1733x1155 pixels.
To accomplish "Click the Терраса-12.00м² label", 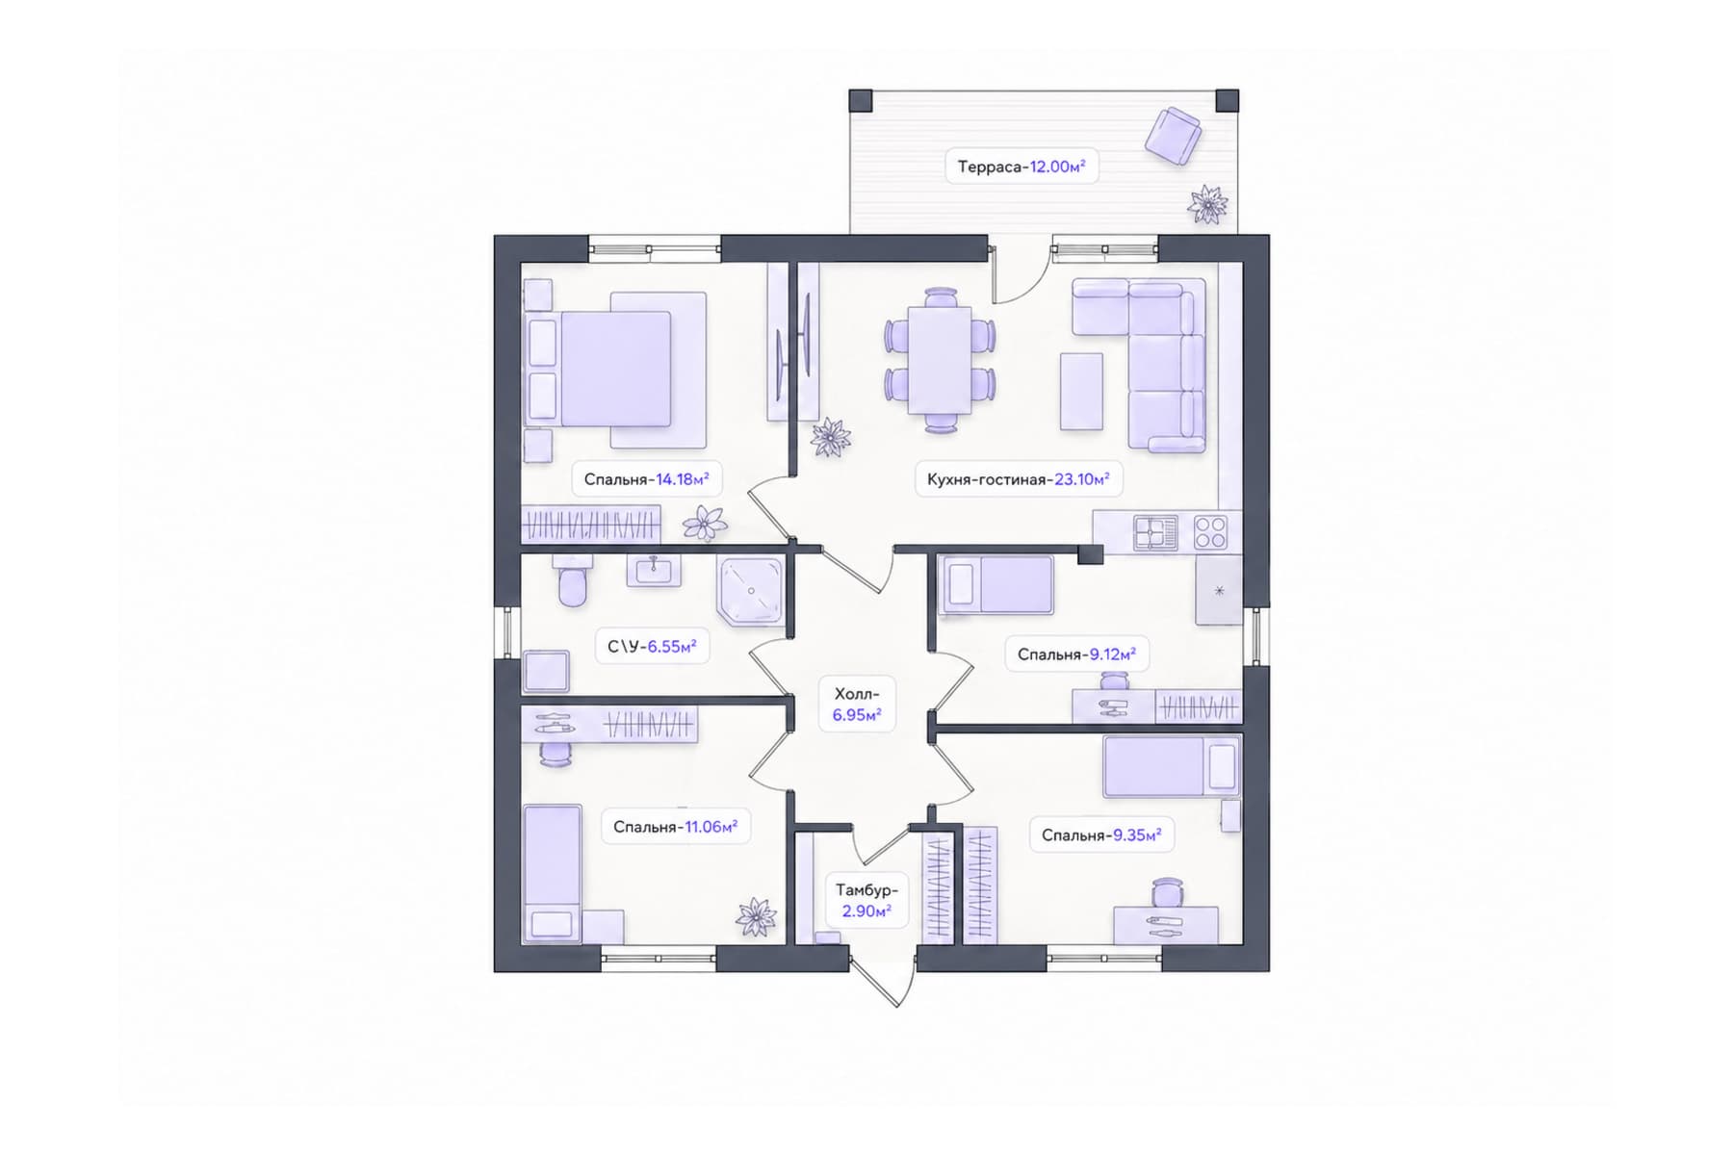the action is click(1022, 167).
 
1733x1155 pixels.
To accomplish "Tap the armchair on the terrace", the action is click(1173, 135).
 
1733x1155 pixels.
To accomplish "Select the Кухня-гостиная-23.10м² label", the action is click(1018, 478).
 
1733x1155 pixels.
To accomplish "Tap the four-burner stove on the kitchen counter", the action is click(1210, 532).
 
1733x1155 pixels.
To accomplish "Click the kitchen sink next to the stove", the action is click(1155, 532).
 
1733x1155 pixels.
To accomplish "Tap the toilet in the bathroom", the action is click(572, 580).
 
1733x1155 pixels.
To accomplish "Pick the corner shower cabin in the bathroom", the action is click(750, 591).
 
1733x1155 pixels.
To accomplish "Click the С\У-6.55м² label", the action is click(652, 647).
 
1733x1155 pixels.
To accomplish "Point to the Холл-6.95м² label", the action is click(857, 704).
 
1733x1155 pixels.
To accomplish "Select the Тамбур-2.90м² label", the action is click(866, 900).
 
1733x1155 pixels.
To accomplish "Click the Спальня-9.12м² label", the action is click(1076, 654).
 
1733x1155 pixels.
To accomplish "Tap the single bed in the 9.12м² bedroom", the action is click(996, 584).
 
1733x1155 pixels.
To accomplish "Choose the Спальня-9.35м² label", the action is click(1101, 834).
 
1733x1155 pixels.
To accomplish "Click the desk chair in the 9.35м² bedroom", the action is click(1166, 892).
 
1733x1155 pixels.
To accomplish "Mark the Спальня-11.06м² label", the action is click(675, 827).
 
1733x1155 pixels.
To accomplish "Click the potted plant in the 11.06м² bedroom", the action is click(757, 916).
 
